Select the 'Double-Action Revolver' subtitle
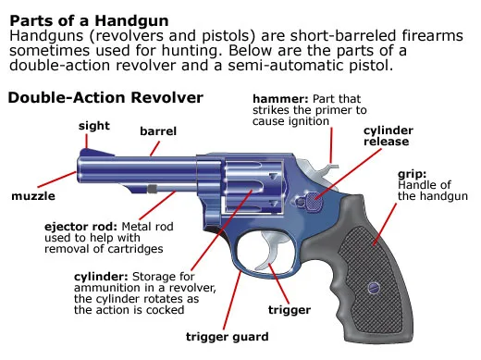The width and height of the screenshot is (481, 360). click(105, 96)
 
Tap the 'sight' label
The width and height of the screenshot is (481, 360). click(94, 124)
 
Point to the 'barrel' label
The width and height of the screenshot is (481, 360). click(157, 132)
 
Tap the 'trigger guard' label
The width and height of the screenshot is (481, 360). click(227, 336)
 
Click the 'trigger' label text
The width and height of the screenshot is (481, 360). click(290, 310)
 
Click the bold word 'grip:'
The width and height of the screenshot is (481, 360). click(411, 173)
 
